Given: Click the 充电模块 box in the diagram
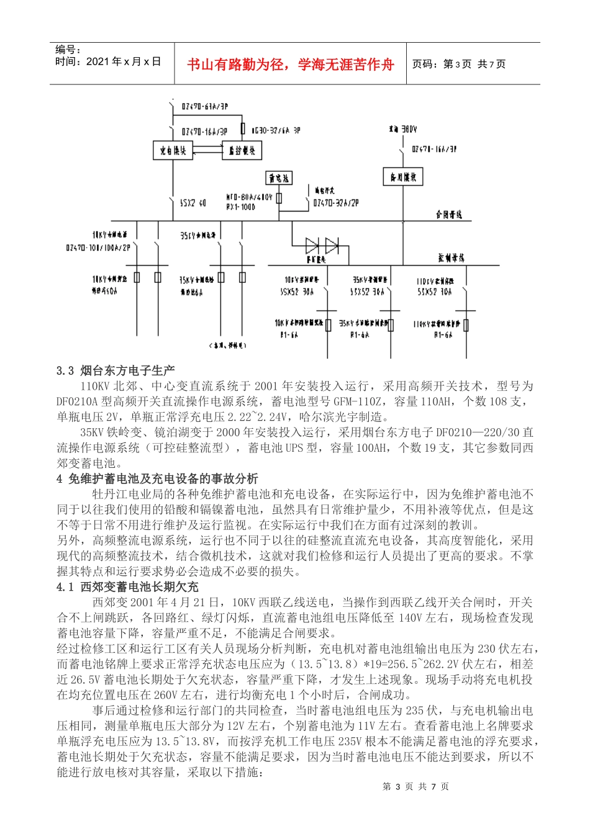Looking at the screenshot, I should click(173, 151).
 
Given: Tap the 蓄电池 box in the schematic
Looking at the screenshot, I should click(279, 179).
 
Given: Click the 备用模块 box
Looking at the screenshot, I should click(402, 177).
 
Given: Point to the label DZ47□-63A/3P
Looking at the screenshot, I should click(205, 107).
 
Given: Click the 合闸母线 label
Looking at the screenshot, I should click(448, 215).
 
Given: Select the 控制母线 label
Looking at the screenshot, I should click(451, 258).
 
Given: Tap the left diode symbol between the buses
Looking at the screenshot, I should click(312, 246).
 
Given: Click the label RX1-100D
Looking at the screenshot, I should click(240, 207).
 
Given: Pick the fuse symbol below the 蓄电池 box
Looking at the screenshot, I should click(279, 198).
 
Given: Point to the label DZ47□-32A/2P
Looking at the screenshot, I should click(336, 202).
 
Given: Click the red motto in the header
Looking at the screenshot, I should click(290, 65).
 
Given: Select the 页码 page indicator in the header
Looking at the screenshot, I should click(459, 64).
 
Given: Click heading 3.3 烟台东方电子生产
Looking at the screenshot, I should click(116, 370).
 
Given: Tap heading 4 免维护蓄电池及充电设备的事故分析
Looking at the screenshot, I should click(157, 478).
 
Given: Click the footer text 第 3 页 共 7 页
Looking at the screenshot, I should click(415, 787).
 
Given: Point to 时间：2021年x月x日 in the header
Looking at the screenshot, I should click(108, 61).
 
